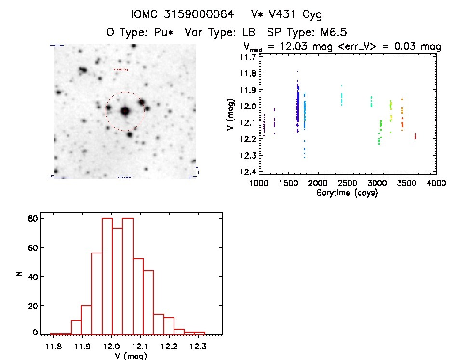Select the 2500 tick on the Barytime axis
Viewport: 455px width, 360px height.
click(348, 184)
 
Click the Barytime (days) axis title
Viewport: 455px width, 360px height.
click(347, 193)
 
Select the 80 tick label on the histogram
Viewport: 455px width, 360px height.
click(32, 218)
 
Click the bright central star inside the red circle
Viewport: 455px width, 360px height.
click(125, 111)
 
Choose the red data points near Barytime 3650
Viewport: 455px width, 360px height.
click(415, 136)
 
